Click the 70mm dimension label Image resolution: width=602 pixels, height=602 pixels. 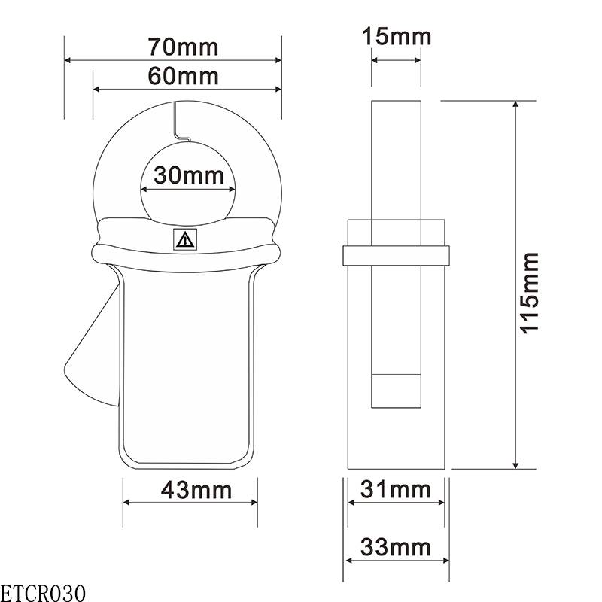click(183, 47)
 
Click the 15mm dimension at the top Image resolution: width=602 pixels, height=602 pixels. click(396, 35)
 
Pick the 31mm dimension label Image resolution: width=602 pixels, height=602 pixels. click(396, 490)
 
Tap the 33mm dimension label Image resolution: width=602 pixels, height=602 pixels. click(396, 546)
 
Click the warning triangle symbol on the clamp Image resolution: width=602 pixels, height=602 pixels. click(184, 240)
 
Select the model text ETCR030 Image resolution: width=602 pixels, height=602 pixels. click(43, 591)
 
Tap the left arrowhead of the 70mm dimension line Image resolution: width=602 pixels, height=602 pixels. click(68, 59)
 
